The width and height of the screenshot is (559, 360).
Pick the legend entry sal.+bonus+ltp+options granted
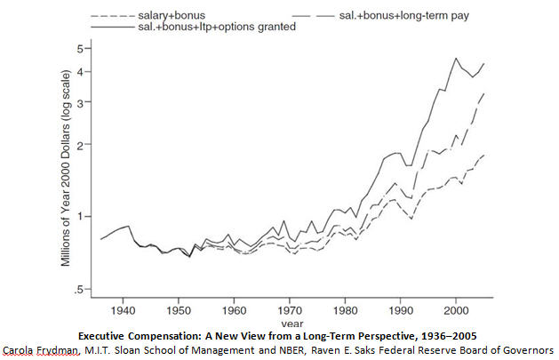click(216, 28)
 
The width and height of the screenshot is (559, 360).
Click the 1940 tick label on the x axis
click(124, 311)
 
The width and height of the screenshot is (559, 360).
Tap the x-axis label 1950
click(179, 311)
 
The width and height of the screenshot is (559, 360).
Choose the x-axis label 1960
click(234, 311)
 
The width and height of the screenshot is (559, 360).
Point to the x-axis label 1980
click(344, 311)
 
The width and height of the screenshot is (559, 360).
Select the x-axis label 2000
click(454, 311)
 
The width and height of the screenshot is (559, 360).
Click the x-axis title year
click(290, 324)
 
